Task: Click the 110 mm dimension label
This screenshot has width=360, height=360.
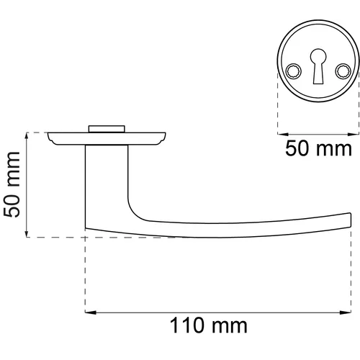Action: [x=208, y=325]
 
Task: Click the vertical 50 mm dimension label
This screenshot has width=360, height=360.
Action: [x=12, y=184]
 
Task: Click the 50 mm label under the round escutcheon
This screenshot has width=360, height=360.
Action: [x=318, y=148]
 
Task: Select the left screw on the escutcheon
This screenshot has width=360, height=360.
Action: [x=293, y=71]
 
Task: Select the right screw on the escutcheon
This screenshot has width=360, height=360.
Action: [x=343, y=71]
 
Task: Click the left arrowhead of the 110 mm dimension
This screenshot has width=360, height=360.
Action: [x=91, y=312]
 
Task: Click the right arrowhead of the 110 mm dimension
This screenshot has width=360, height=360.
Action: [x=346, y=312]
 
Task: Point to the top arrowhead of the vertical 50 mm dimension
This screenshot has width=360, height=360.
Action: [x=27, y=138]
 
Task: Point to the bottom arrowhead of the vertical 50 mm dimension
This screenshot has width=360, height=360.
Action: [x=27, y=231]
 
